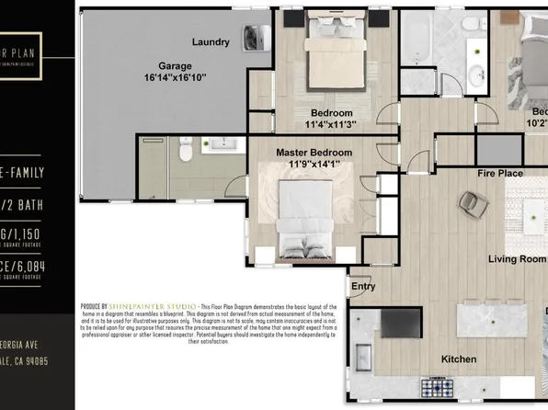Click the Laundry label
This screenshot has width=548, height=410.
pos(211,42)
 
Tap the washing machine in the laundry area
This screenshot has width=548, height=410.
pos(254,37)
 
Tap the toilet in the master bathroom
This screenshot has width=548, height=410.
pos(184,147)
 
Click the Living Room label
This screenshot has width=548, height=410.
pos(517,259)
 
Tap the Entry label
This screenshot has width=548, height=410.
pos(364,286)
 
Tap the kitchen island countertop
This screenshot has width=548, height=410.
pos(497,324)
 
